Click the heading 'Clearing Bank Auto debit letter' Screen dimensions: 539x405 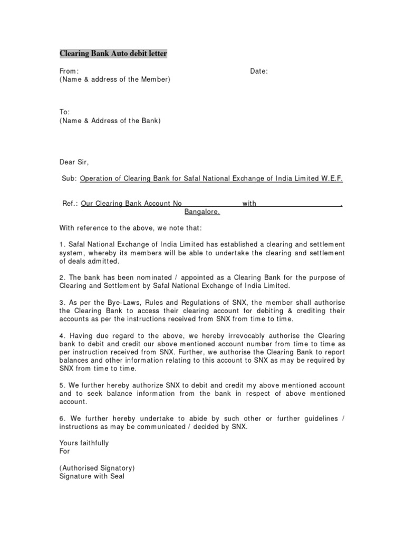(113, 54)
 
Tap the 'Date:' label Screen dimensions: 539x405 (258, 71)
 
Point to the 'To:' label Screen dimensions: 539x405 (65, 112)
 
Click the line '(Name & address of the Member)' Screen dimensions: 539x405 (114, 79)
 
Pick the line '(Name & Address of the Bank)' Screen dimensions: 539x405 (110, 121)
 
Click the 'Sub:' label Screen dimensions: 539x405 (70, 178)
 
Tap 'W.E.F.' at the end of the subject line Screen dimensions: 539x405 (332, 178)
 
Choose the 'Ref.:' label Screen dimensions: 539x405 (71, 203)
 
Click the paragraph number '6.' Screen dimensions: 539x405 (62, 418)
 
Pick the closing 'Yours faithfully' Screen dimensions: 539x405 (84, 443)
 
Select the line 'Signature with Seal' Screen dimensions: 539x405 (92, 476)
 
